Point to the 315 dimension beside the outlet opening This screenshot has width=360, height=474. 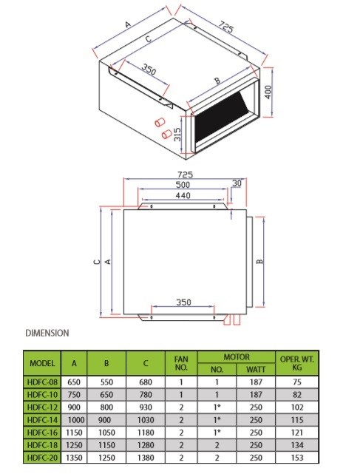coord(177,135)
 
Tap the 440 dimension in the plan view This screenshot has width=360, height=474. coord(182,196)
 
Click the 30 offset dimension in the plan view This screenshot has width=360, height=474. coord(237,183)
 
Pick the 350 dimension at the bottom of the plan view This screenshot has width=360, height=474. coord(184,303)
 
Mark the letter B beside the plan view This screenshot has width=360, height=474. coord(259,262)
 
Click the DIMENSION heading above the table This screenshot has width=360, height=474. coord(47,334)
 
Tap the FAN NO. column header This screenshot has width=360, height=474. coord(180,363)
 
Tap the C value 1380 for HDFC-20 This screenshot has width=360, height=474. coord(144,457)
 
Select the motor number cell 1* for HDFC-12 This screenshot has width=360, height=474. coord(217,406)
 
